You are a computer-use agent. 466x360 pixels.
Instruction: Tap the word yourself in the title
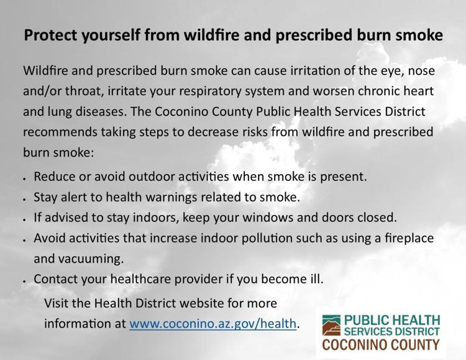point(111,35)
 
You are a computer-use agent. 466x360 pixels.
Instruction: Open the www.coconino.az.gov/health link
point(212,324)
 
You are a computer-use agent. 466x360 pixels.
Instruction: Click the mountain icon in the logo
point(331,325)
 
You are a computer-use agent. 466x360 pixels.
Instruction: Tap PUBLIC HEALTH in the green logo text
point(392,320)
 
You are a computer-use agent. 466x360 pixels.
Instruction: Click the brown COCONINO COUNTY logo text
point(381,345)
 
